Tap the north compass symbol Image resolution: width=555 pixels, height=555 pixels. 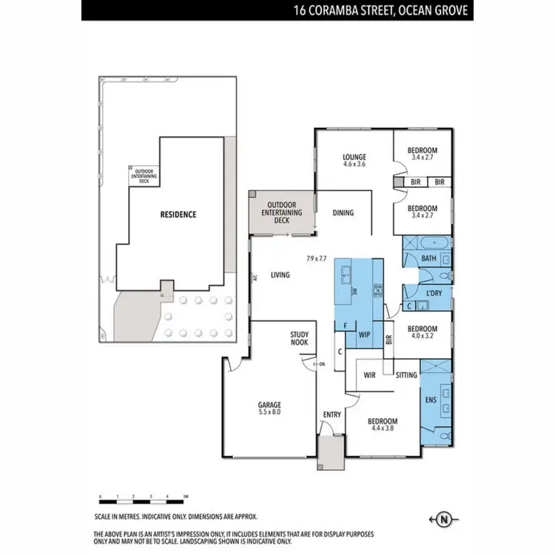click(x=444, y=519)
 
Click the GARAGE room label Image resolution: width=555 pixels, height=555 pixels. click(x=269, y=405)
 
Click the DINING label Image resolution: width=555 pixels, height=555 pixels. click(x=343, y=213)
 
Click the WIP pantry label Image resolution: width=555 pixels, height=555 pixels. click(x=364, y=334)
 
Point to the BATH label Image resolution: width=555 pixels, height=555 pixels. click(x=428, y=258)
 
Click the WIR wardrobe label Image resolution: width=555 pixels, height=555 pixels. click(x=370, y=375)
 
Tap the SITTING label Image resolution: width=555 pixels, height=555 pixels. click(x=406, y=375)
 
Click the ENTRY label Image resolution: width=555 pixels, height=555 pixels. click(x=332, y=414)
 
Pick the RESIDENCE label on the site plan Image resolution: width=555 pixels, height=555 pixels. click(x=178, y=215)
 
